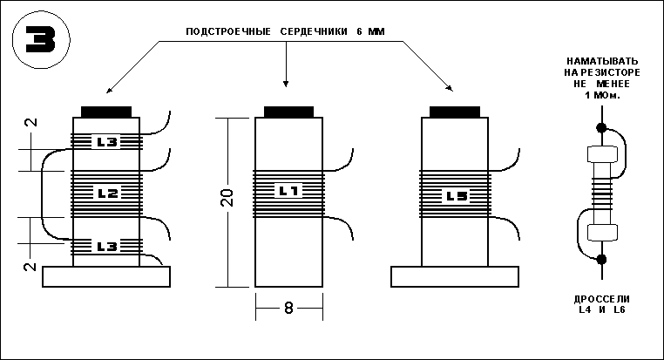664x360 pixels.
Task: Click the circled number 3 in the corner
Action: point(41,40)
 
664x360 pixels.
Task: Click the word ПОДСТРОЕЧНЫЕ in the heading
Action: point(228,31)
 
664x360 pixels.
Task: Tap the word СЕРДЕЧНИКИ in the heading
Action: point(314,31)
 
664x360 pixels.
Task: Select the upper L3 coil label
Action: point(107,142)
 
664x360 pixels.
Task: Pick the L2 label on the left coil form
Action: point(107,194)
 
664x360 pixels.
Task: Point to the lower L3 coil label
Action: point(107,247)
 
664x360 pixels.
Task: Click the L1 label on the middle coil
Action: point(288,191)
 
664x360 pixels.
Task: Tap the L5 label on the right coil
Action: point(457,196)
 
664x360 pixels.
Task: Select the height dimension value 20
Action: point(227,197)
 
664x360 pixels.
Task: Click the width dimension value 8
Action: point(288,308)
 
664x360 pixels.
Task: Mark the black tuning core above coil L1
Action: point(288,112)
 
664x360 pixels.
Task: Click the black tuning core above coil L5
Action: point(455,112)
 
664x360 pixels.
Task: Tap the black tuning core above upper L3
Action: point(106,112)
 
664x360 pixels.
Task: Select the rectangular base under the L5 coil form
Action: point(455,276)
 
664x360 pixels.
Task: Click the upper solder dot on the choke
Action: point(601,127)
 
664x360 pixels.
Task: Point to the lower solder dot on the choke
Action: point(602,259)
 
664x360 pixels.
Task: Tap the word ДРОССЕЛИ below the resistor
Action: point(602,299)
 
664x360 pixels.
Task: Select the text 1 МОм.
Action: point(602,95)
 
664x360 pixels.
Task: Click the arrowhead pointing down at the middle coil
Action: point(286,83)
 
